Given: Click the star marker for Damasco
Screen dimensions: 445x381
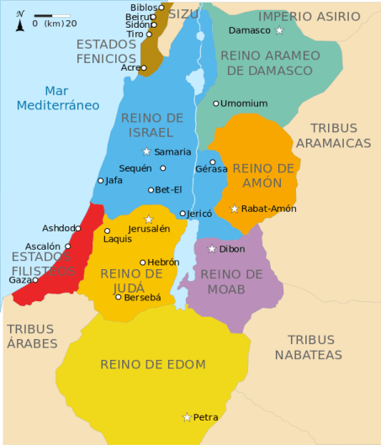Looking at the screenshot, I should (280, 31).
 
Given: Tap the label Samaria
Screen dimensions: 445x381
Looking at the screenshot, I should (172, 152).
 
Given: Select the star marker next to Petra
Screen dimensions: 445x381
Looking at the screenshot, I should (187, 416).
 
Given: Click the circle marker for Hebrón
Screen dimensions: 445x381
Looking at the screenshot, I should (143, 262).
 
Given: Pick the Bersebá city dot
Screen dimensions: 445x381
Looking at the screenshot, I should (119, 297).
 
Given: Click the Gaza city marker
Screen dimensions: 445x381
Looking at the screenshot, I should (36, 279).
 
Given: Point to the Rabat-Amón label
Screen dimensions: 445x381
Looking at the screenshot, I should (268, 209).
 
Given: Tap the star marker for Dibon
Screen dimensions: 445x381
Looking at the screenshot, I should (211, 249).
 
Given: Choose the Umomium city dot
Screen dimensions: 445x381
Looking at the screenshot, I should (215, 103).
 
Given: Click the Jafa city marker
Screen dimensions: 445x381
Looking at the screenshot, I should (101, 180).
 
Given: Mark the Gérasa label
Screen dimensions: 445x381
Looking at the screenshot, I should (211, 169).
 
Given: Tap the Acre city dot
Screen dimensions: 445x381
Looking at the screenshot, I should (144, 68).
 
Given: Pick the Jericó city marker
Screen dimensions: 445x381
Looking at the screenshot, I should (183, 214).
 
